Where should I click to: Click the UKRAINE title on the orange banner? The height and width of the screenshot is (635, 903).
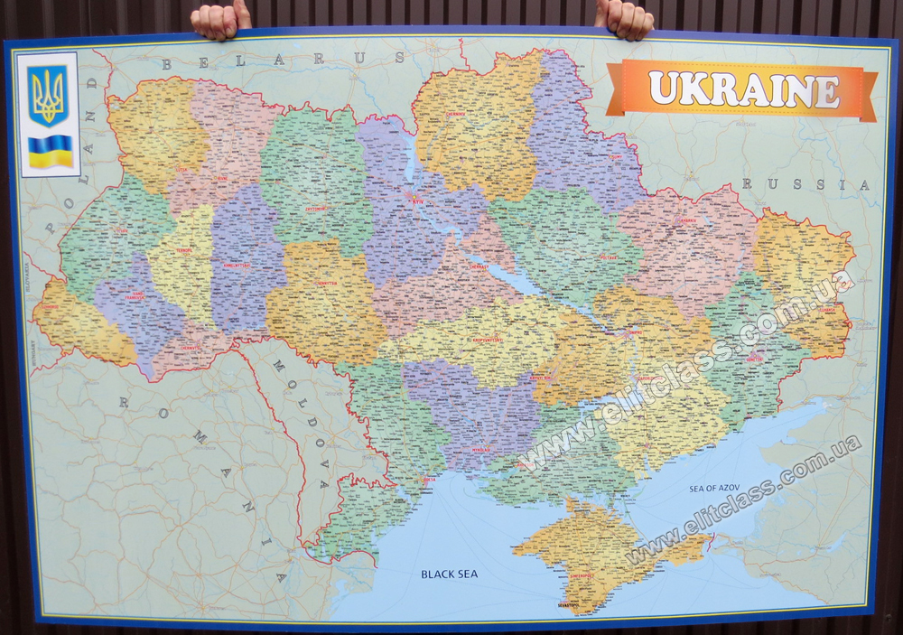pos(743,90)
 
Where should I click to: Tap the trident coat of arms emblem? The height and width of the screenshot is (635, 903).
pos(47,93)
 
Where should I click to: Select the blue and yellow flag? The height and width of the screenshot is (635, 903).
pos(50,151)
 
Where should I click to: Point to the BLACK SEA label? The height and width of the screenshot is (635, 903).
pos(449,574)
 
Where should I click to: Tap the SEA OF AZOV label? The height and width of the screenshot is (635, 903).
pos(714,488)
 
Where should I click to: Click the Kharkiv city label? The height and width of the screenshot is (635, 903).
pos(688,219)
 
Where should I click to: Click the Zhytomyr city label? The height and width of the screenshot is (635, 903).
pos(314,208)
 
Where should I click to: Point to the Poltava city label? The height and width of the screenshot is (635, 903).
pos(609,257)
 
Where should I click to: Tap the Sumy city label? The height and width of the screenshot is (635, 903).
pos(616,156)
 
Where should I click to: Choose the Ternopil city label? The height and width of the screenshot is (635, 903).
pos(184,250)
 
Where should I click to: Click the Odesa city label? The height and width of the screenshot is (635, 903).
pos(428,480)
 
